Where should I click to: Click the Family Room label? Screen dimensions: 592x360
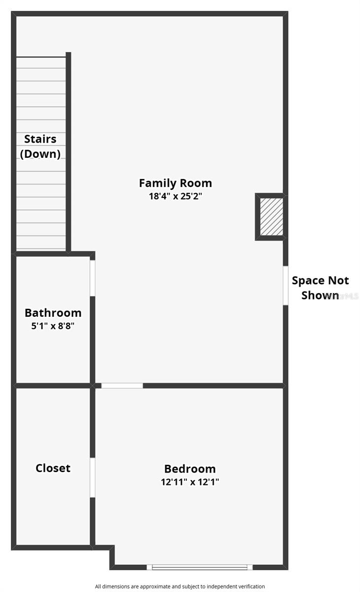click(175, 183)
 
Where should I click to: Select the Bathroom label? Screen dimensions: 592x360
click(53, 313)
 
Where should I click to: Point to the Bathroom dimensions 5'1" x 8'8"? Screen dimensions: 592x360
click(53, 326)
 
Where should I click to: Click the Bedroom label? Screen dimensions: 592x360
click(190, 469)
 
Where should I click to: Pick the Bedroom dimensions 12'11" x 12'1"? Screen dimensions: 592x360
click(190, 482)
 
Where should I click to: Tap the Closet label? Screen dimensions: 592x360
click(53, 468)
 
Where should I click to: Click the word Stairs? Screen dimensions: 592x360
click(40, 139)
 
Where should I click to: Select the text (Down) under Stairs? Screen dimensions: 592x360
click(40, 153)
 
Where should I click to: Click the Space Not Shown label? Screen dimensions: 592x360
click(320, 288)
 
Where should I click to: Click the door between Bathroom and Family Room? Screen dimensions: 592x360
click(92, 278)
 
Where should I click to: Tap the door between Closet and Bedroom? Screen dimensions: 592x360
click(92, 477)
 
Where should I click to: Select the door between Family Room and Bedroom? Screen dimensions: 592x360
click(122, 385)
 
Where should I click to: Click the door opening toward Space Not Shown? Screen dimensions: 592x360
click(285, 286)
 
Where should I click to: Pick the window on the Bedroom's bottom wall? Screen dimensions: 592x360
click(199, 567)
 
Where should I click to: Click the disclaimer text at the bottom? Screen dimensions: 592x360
click(180, 586)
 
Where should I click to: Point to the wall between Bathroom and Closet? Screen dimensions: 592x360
click(52, 385)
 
